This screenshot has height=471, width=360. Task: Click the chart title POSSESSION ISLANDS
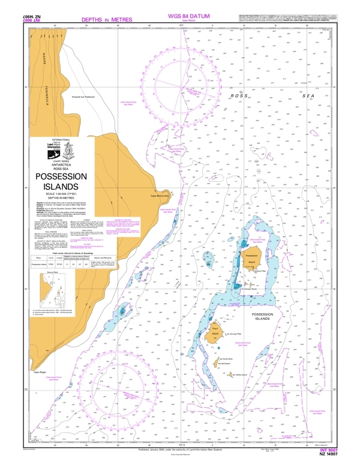[61, 182]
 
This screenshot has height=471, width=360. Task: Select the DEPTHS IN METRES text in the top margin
[106, 20]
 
